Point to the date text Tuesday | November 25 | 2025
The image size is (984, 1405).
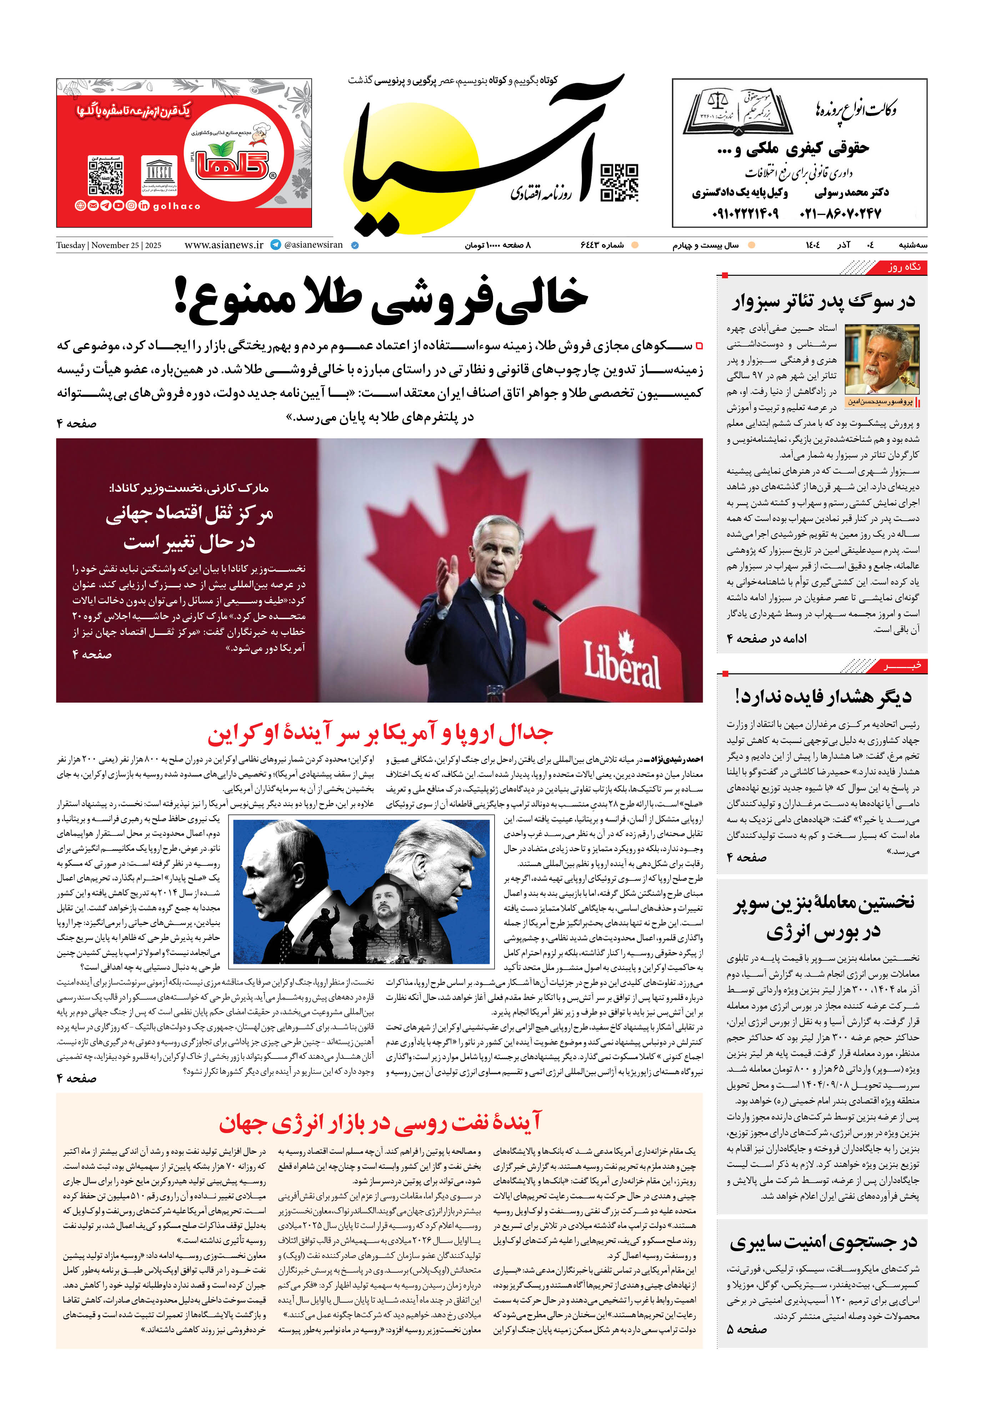click(x=109, y=246)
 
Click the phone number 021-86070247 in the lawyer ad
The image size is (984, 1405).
click(x=840, y=213)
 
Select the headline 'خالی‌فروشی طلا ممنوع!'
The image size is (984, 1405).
click(x=381, y=298)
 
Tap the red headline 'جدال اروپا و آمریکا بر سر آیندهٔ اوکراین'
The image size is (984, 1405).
click(x=380, y=734)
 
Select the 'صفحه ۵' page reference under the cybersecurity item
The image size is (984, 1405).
click(x=747, y=1329)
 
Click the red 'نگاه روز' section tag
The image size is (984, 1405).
click(x=904, y=267)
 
